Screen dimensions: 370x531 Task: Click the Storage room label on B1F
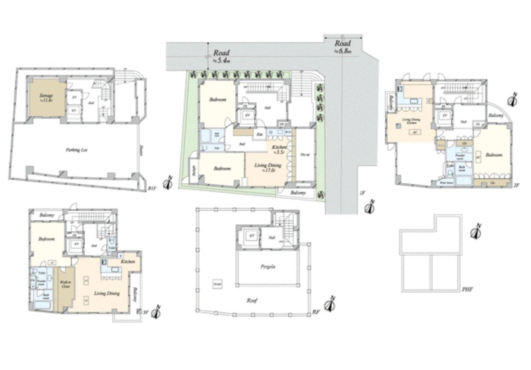46,97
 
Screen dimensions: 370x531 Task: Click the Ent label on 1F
259,135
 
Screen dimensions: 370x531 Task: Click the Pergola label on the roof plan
268,267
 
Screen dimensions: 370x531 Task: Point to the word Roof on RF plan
252,301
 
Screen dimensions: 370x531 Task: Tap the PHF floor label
467,290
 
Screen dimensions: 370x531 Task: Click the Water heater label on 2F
447,182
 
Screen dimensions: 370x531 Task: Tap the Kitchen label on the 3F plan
128,262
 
